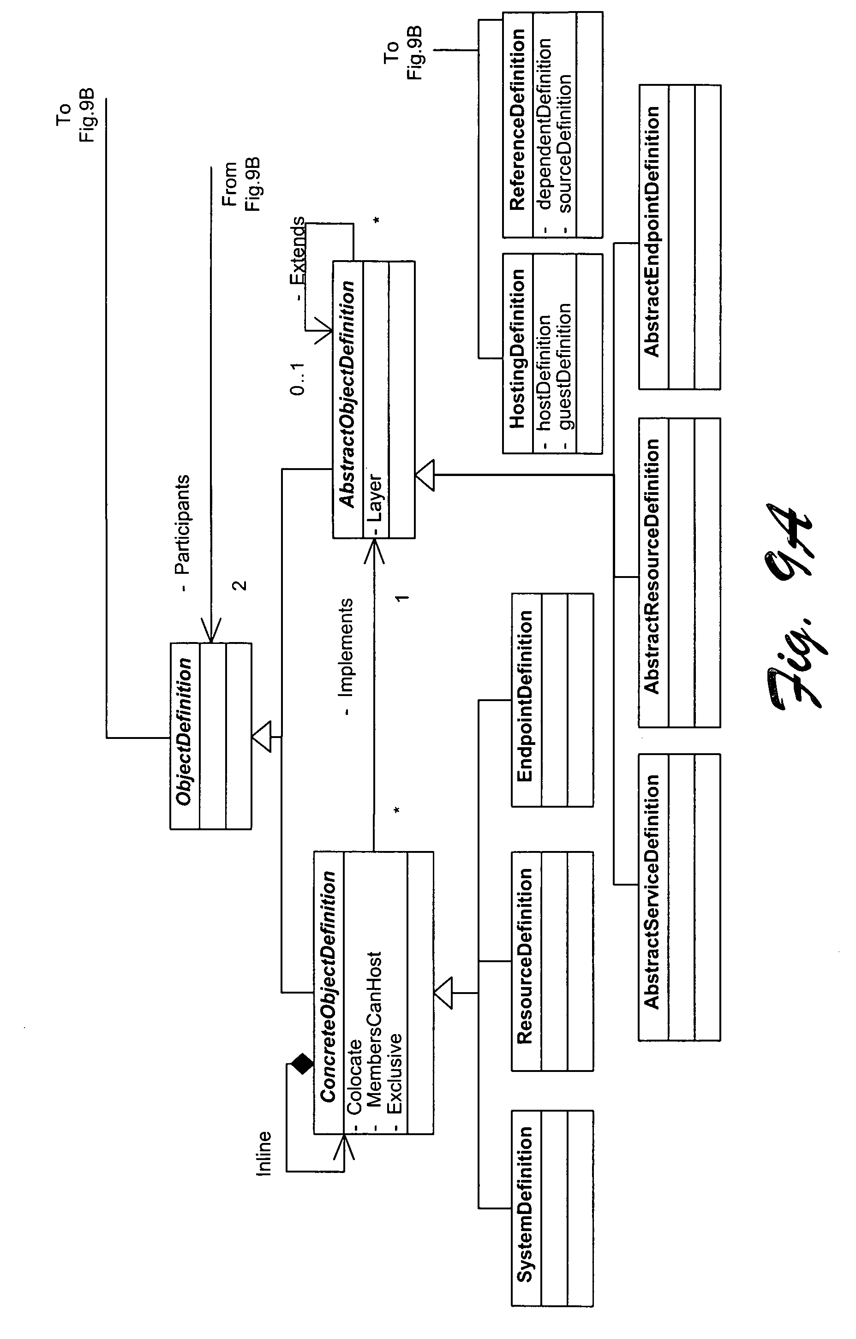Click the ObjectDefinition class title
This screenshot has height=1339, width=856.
coord(184,732)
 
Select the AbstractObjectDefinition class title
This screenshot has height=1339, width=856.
coord(347,394)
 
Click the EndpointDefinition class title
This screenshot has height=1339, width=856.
coord(525,696)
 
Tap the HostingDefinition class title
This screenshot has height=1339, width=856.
coord(518,349)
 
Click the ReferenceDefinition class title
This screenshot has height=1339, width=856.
coord(518,119)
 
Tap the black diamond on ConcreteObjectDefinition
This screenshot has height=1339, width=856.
coord(302,1064)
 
